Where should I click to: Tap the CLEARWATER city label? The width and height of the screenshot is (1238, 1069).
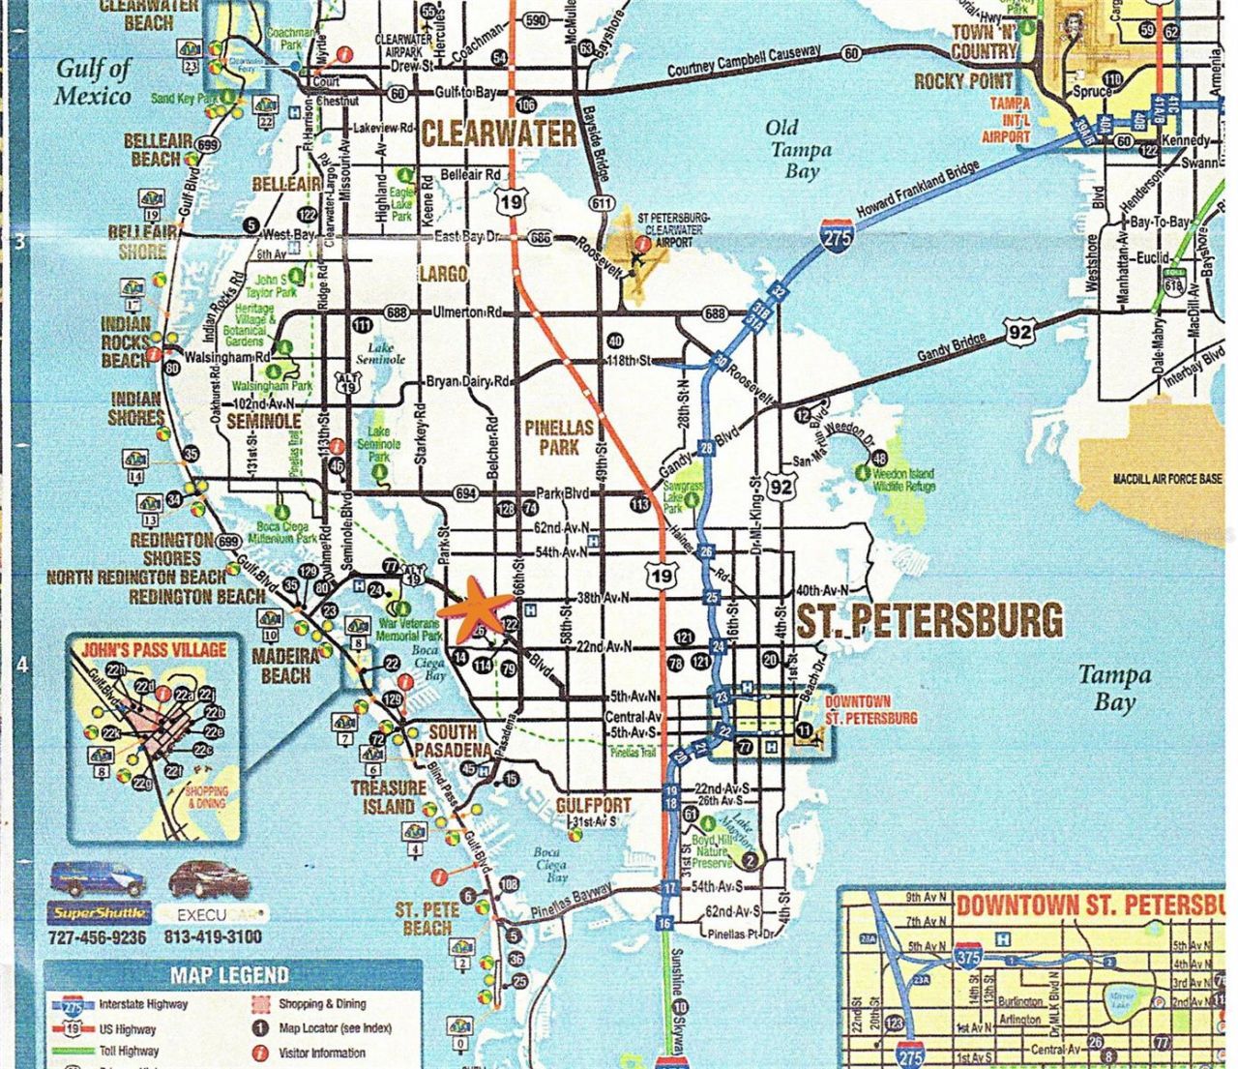click(x=498, y=134)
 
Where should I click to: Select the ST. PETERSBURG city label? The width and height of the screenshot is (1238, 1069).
click(x=928, y=620)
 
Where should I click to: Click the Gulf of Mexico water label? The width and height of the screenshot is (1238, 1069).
click(x=93, y=82)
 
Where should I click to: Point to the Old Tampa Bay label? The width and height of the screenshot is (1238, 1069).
click(x=797, y=149)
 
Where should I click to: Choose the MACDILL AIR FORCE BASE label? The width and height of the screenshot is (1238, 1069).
click(x=1167, y=479)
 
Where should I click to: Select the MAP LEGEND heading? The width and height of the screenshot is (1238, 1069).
click(x=229, y=975)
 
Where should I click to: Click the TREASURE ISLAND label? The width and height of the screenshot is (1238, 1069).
click(x=388, y=797)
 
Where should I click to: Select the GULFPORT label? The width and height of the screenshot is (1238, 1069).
click(x=593, y=805)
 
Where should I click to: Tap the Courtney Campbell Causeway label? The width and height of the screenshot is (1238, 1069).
click(x=744, y=62)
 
